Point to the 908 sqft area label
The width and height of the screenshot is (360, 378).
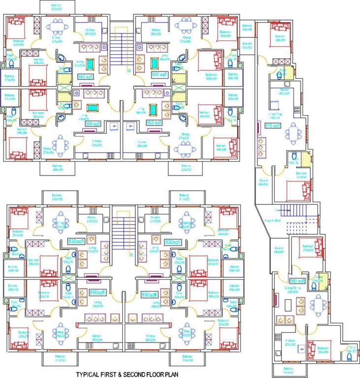[154, 123]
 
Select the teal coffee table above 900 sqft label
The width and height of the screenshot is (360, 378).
[92, 108]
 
